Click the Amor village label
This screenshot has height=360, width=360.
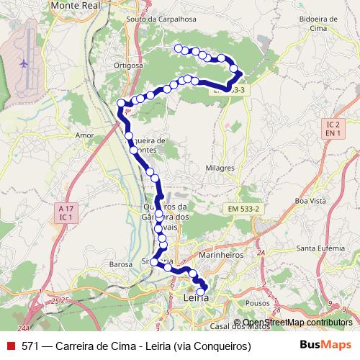tap(85, 135)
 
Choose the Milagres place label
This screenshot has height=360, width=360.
tap(220, 168)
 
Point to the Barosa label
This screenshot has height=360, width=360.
tap(120, 264)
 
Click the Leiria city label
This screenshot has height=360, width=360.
tap(196, 297)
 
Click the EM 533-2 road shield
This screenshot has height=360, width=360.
tap(244, 207)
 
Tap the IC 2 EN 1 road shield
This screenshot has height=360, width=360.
tap(333, 129)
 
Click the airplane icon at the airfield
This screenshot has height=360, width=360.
tap(24, 63)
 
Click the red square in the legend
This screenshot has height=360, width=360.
tap(10, 346)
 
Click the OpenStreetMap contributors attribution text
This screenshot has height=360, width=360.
tap(297, 323)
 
